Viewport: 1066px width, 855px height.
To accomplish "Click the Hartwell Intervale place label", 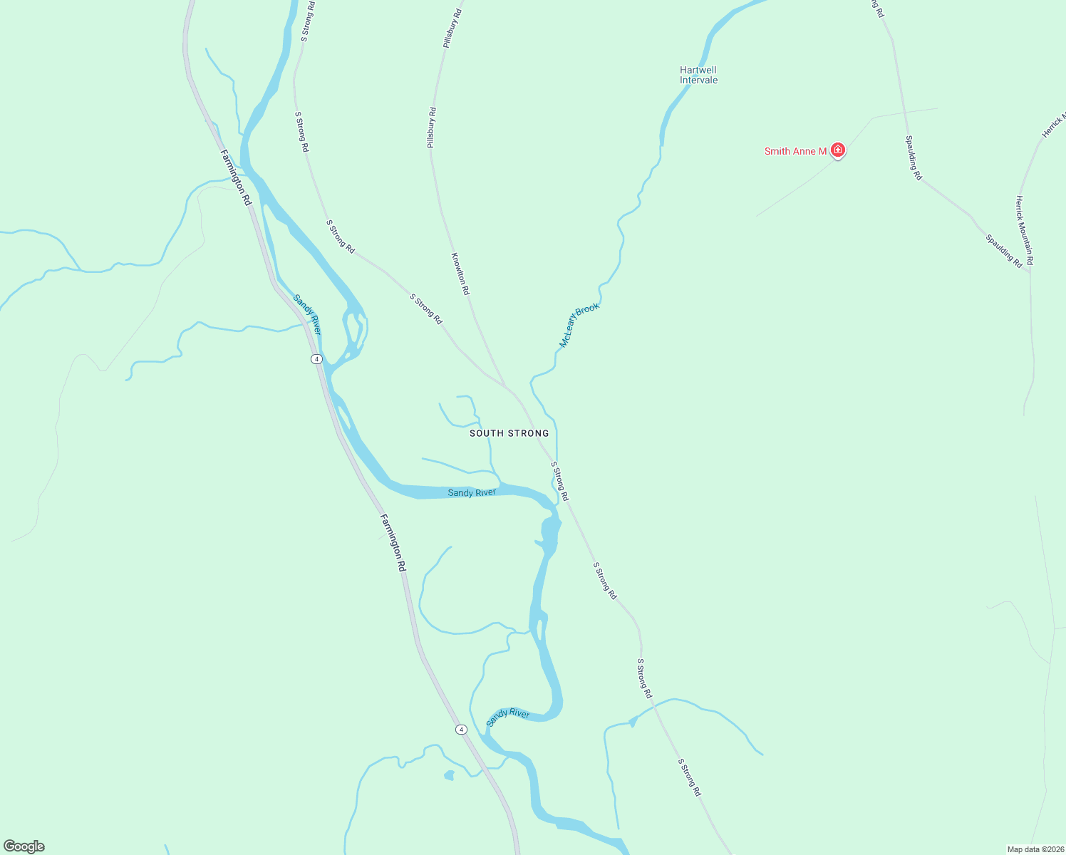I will pyautogui.click(x=698, y=75).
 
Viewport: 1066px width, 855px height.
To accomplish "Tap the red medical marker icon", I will pyautogui.click(x=838, y=150).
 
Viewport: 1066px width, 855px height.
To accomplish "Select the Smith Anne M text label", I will pyautogui.click(x=795, y=151).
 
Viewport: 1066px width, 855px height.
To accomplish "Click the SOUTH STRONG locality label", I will pyautogui.click(x=509, y=433).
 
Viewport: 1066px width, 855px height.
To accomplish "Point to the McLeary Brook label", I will pyautogui.click(x=579, y=326).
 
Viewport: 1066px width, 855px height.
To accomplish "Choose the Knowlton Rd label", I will pyautogui.click(x=460, y=274).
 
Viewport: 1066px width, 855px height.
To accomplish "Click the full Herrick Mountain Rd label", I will pyautogui.click(x=1025, y=231).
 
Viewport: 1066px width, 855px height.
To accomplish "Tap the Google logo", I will pyautogui.click(x=24, y=846).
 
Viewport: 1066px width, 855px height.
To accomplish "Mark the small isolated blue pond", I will pyautogui.click(x=449, y=775).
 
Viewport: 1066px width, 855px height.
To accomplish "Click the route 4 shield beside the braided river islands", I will pyautogui.click(x=316, y=358).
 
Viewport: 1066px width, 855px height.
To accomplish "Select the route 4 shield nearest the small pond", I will pyautogui.click(x=462, y=729).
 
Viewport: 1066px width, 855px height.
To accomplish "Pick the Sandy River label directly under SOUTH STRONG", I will pyautogui.click(x=472, y=492).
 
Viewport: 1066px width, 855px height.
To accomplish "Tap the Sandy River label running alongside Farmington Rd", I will pyautogui.click(x=308, y=315).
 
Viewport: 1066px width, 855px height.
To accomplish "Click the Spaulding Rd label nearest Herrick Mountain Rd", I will pyautogui.click(x=1004, y=251).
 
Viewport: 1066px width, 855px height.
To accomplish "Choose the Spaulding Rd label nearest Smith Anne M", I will pyautogui.click(x=914, y=157).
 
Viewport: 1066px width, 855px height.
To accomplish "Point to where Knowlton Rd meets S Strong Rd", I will pyautogui.click(x=506, y=387).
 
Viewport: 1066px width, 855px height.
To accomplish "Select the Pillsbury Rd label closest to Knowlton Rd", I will pyautogui.click(x=432, y=128).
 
